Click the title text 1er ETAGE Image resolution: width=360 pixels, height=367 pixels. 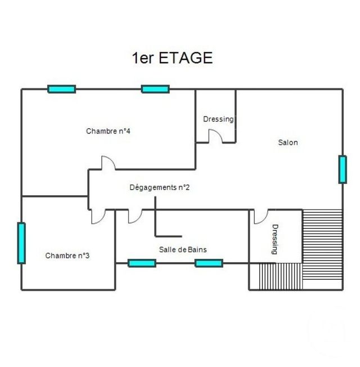click(x=172, y=58)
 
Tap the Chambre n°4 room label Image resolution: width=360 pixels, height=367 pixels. click(x=109, y=131)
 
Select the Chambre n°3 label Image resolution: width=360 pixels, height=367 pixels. click(x=67, y=256)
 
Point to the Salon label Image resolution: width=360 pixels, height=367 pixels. click(x=288, y=142)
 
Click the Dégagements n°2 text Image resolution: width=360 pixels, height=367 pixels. click(x=159, y=187)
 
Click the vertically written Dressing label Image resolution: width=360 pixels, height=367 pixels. click(x=275, y=239)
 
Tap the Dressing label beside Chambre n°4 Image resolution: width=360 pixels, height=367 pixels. click(x=218, y=119)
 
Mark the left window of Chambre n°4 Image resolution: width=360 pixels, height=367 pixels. click(x=62, y=89)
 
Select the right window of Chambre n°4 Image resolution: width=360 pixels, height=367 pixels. click(x=155, y=89)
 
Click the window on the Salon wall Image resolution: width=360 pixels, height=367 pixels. click(x=342, y=169)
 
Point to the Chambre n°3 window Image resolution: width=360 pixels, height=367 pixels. click(x=21, y=243)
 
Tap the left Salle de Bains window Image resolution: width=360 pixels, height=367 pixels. click(x=142, y=263)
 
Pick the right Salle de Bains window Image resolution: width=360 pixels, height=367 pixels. click(x=209, y=263)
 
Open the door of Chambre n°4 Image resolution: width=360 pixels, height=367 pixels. click(x=108, y=163)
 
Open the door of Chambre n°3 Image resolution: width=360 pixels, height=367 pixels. click(x=97, y=217)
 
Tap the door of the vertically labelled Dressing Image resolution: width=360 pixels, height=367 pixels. click(x=260, y=216)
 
